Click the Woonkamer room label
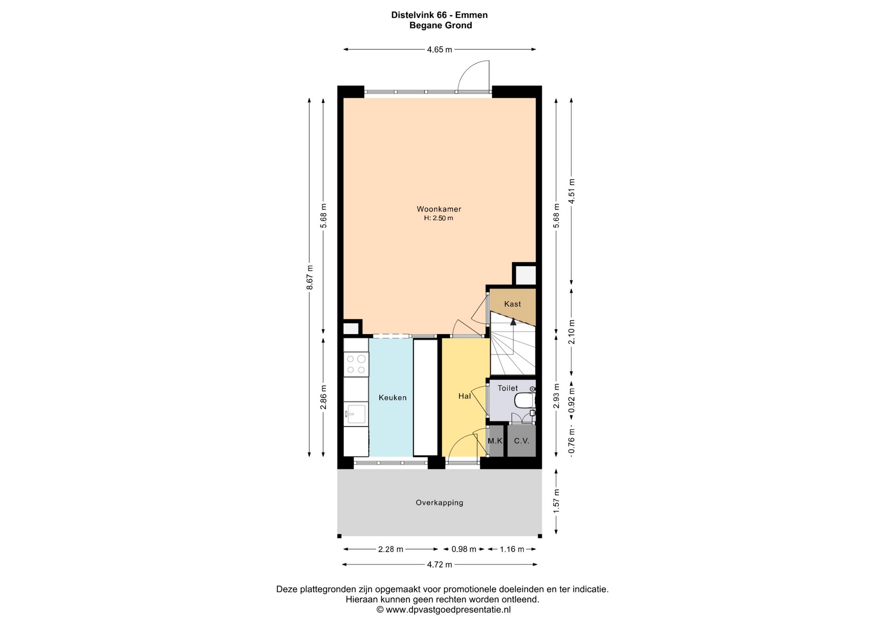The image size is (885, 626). point(439,209)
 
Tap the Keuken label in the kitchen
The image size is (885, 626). point(393,397)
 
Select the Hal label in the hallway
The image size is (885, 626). point(465,396)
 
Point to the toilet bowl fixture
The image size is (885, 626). point(524,401)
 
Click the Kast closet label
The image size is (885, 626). point(513,304)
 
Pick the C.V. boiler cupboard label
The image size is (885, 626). point(522,441)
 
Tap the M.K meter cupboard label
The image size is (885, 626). point(496,441)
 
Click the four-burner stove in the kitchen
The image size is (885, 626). point(356,364)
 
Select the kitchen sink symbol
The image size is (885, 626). point(355,414)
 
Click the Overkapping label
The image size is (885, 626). point(439,502)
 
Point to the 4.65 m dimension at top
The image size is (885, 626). point(439,49)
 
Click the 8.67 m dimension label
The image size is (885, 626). point(310,277)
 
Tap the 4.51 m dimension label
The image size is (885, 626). point(572,191)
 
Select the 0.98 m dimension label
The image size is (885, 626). point(464,549)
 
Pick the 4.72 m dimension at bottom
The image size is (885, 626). point(439,564)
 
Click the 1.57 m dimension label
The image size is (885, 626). point(556,501)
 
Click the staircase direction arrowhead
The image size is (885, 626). point(513,321)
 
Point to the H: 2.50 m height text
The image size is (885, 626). point(439,218)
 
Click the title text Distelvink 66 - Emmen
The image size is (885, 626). point(439,15)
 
